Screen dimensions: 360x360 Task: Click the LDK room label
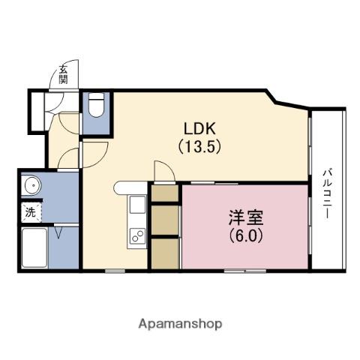[198, 126]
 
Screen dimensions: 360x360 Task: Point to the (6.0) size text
[245, 233]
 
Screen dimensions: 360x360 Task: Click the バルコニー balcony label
[328, 193]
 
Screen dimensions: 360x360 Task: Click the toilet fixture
[95, 106]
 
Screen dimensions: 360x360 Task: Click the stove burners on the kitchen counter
[138, 236]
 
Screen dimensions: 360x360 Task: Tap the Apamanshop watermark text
[180, 324]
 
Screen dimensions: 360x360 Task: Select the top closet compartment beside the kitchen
[165, 192]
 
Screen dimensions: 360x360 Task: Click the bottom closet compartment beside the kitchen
[165, 253]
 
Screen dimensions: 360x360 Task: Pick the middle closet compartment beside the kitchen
[165, 220]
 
